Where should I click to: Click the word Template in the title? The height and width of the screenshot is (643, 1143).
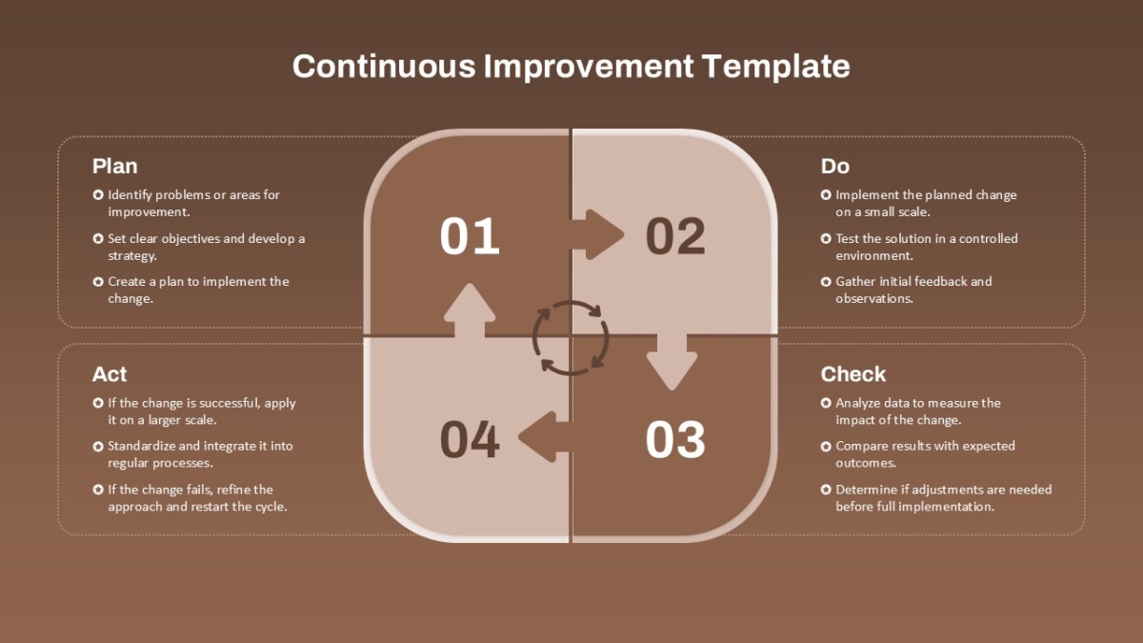tap(775, 67)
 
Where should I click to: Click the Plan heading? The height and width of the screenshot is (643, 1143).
tap(115, 167)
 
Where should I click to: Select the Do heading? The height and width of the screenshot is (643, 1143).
tap(834, 167)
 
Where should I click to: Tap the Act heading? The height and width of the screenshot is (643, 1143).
tap(110, 374)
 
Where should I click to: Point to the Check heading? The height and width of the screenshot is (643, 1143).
tap(853, 374)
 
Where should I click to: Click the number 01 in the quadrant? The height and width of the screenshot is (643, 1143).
tap(470, 236)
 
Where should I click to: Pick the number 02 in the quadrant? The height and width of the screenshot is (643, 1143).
tap(675, 236)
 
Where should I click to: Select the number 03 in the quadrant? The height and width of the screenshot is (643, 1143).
tap(675, 440)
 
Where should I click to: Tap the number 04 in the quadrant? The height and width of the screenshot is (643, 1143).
tap(470, 440)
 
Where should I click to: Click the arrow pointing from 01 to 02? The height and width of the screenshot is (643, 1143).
tap(596, 234)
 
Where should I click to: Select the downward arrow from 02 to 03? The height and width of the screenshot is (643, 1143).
tap(672, 363)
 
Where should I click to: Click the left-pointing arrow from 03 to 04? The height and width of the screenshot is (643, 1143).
tap(545, 437)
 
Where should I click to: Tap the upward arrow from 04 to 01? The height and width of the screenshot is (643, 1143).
tap(470, 311)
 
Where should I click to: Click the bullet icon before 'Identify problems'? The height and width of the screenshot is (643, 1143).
tap(98, 195)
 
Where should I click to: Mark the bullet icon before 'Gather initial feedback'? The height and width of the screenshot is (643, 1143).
tap(826, 282)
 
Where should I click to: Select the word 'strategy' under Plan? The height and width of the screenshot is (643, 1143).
tap(132, 256)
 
